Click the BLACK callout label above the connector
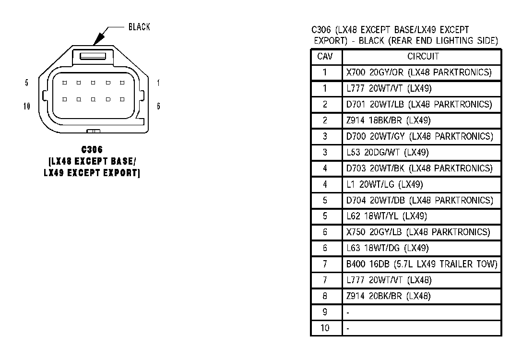pyautogui.click(x=139, y=27)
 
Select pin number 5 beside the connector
pyautogui.click(x=26, y=83)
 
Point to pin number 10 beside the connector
pyautogui.click(x=27, y=106)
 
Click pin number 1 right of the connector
pyautogui.click(x=158, y=83)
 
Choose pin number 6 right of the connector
pyautogui.click(x=158, y=106)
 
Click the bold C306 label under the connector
pyautogui.click(x=92, y=150)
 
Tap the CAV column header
pyautogui.click(x=325, y=57)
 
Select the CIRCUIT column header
pyautogui.click(x=423, y=57)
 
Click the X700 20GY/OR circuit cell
pyautogui.click(x=419, y=72)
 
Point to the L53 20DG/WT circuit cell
pyautogui.click(x=387, y=152)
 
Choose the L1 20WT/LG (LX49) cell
pyautogui.click(x=384, y=184)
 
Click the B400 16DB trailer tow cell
pyautogui.click(x=422, y=264)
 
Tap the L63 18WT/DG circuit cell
pyautogui.click(x=387, y=248)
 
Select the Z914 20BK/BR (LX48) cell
pyautogui.click(x=388, y=296)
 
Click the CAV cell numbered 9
pyautogui.click(x=325, y=312)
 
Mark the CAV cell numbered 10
pyautogui.click(x=325, y=328)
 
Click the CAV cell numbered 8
pyautogui.click(x=325, y=296)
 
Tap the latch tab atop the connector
pyautogui.click(x=92, y=56)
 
